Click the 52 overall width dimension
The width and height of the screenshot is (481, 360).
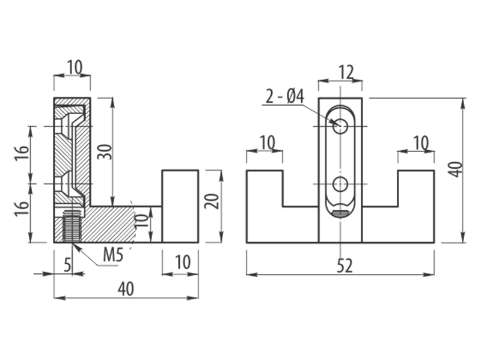[345, 266]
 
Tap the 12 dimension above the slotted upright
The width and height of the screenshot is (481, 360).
[346, 72]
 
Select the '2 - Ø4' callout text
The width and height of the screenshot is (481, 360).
[285, 96]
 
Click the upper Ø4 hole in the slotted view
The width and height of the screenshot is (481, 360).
[340, 126]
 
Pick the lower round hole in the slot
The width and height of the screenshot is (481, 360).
[340, 184]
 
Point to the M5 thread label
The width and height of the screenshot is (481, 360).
[113, 254]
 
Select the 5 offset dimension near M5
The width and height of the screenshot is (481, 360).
[67, 264]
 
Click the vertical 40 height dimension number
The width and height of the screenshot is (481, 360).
[456, 169]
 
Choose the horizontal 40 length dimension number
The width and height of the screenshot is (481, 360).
[126, 289]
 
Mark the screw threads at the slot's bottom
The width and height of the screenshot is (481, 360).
[340, 213]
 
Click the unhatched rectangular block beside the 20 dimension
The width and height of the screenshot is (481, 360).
[180, 206]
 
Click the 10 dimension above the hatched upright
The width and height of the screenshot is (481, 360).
[75, 67]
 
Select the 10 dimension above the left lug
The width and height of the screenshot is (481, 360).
[268, 142]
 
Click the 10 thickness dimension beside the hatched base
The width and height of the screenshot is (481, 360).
[142, 221]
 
